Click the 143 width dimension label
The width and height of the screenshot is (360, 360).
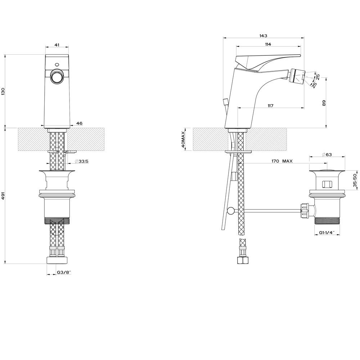tap(264, 36)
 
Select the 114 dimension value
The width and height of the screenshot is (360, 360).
tap(268, 44)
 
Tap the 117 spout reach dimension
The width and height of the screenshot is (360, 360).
tap(270, 105)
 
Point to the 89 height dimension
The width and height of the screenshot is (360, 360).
tap(324, 103)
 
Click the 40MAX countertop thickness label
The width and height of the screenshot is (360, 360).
tap(183, 139)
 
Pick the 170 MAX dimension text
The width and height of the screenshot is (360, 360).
tap(282, 161)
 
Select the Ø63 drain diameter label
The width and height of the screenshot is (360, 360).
tap(327, 154)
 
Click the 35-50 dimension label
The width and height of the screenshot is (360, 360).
tap(355, 180)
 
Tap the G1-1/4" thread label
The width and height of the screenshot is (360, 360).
tap(327, 233)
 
